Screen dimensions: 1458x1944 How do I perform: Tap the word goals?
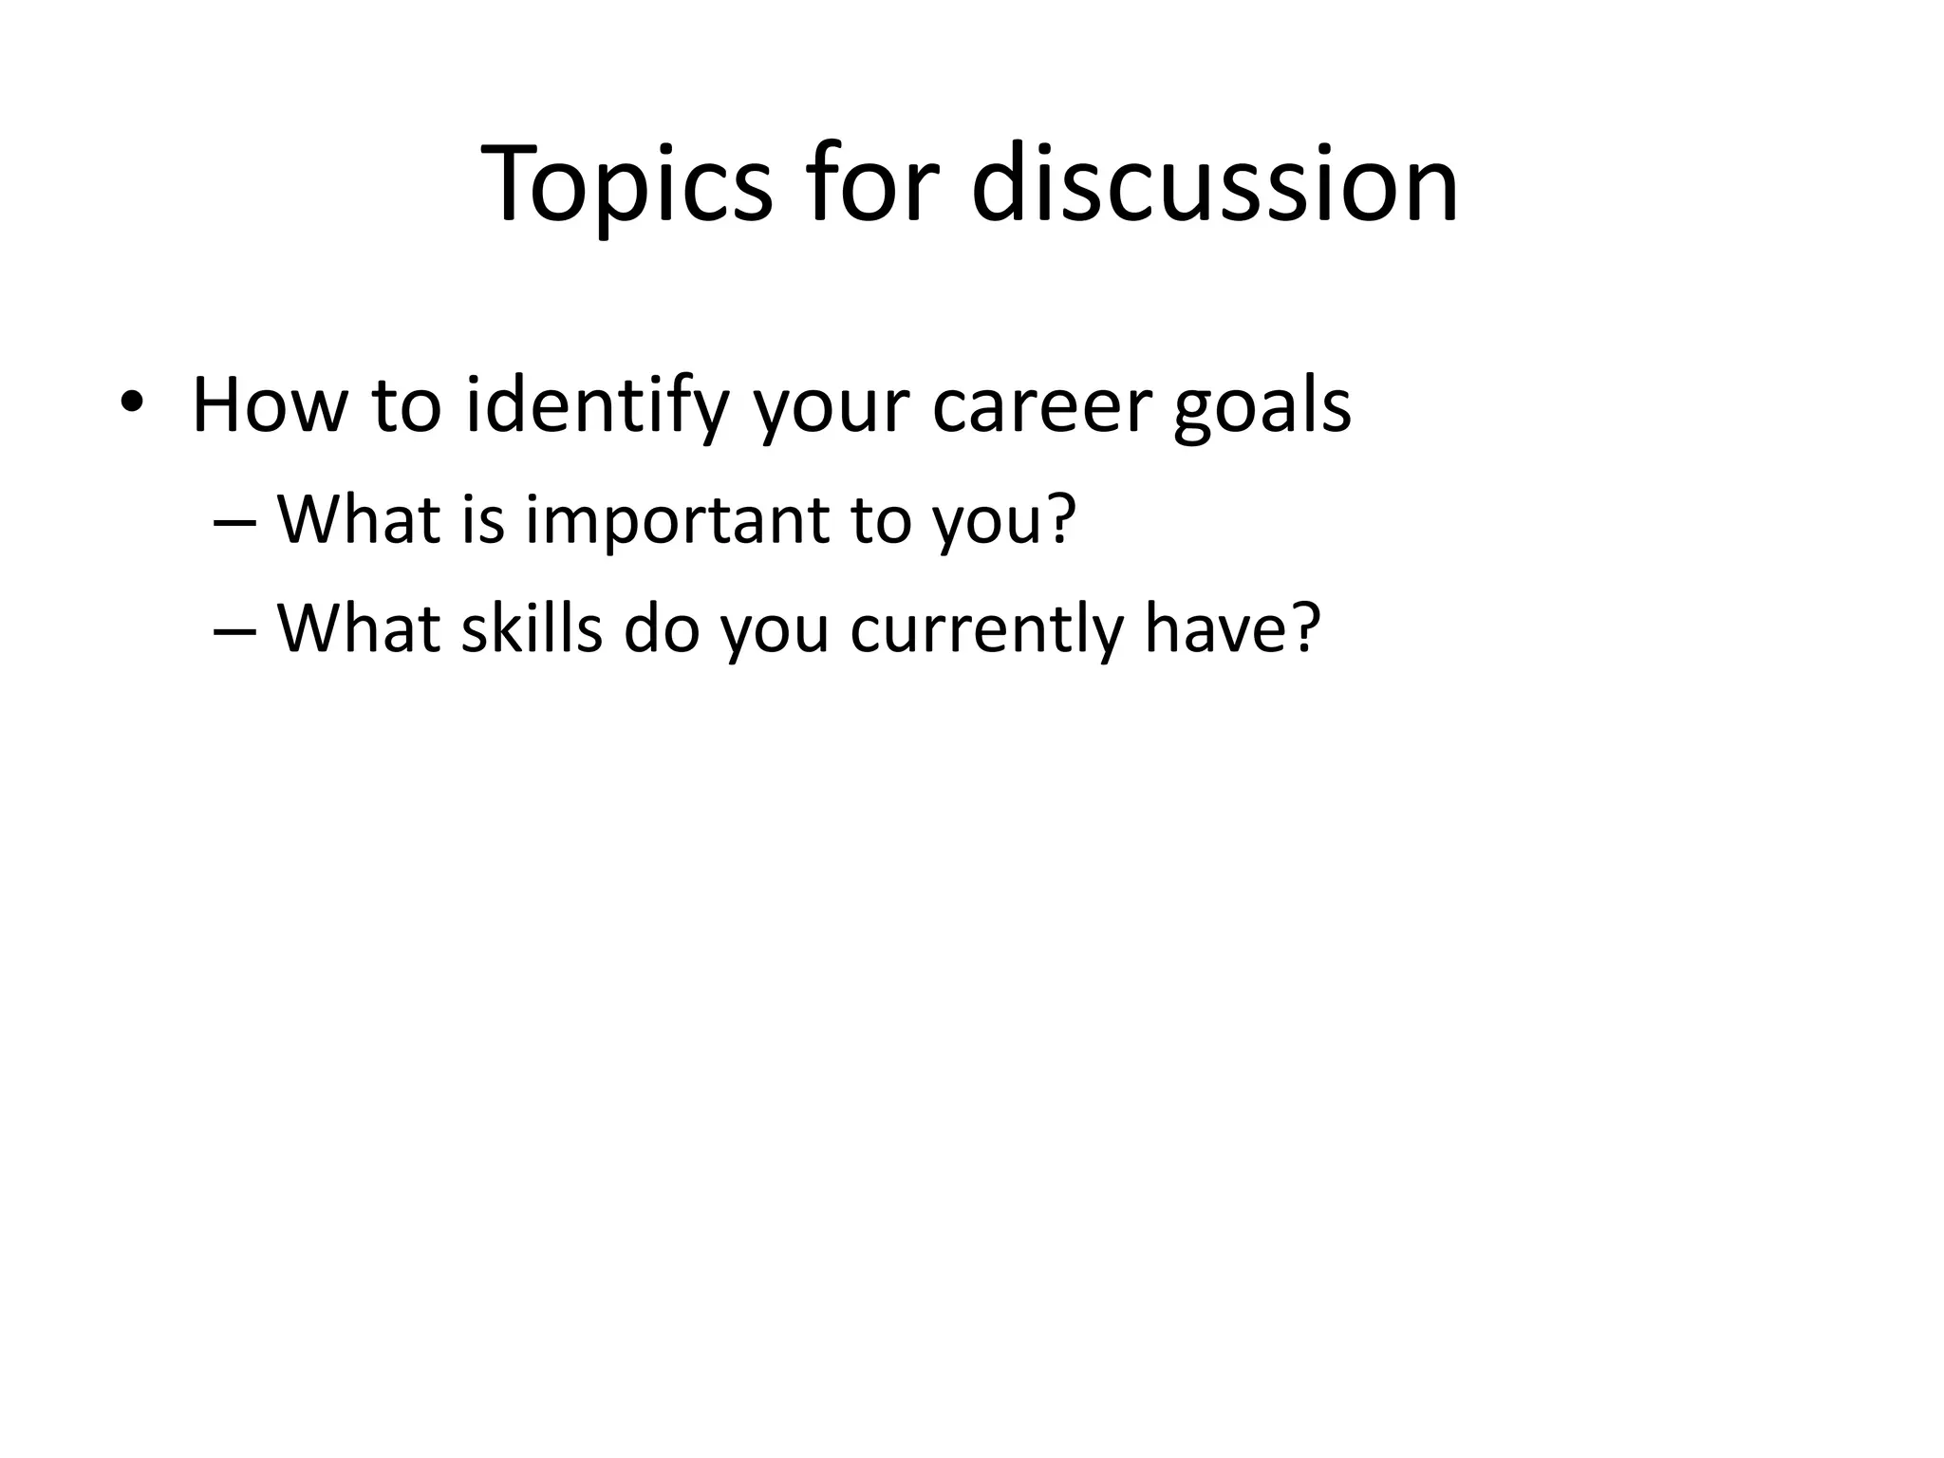[x=1262, y=406]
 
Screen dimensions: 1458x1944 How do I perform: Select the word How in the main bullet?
[x=270, y=406]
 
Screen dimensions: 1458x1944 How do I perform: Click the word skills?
[x=532, y=628]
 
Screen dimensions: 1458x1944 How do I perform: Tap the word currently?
[x=986, y=630]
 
